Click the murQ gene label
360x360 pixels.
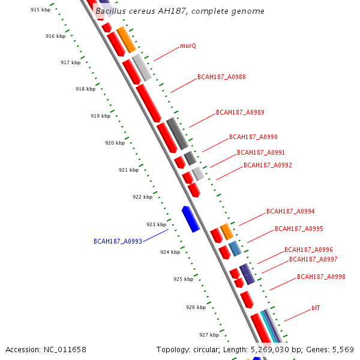[188, 46]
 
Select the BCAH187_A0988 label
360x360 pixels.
[221, 77]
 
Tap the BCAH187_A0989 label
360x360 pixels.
[240, 112]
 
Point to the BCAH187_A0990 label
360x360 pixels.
[253, 137]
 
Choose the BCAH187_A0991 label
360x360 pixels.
[261, 153]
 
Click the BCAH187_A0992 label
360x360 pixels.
[268, 166]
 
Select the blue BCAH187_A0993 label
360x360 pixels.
[118, 241]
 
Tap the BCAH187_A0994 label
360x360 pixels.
[290, 212]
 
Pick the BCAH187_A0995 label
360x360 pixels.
[299, 229]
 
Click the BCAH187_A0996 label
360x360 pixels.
[308, 250]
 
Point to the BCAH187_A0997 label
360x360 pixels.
[313, 260]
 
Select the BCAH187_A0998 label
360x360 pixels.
[321, 277]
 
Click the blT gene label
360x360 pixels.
[316, 308]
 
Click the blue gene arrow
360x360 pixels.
[191, 218]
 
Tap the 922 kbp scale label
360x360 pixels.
[142, 197]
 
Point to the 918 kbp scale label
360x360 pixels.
[85, 89]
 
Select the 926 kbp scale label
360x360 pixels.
[196, 307]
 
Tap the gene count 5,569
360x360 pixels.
[342, 349]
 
